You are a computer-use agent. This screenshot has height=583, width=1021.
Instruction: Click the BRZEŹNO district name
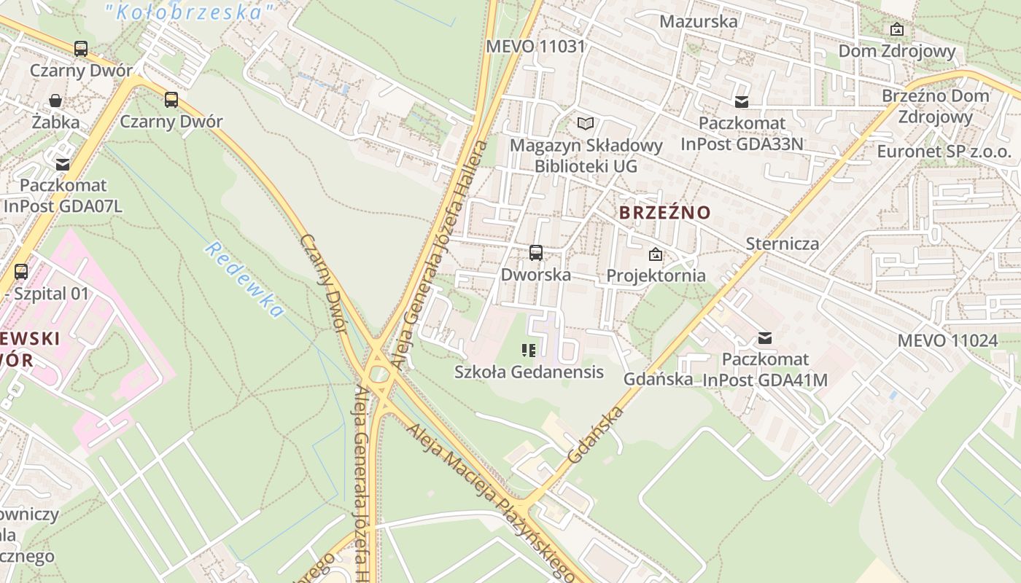pos(664,213)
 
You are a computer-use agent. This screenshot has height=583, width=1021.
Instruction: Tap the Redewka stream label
pos(244,280)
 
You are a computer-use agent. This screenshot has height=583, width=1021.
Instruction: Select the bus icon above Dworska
pos(536,253)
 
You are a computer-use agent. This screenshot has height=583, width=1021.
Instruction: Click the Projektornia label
pos(656,275)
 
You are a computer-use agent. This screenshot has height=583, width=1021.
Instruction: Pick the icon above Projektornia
pos(656,254)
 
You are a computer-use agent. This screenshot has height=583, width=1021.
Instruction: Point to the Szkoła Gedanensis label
pos(529,372)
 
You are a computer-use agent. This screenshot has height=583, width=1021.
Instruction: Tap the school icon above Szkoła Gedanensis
pos(529,351)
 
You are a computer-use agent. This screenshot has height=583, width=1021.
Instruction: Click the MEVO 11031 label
pos(536,47)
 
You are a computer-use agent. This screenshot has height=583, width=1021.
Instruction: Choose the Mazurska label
pos(699,21)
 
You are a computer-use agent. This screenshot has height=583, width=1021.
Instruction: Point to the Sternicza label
pos(783,243)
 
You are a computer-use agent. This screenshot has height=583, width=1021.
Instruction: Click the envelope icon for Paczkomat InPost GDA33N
pos(742,101)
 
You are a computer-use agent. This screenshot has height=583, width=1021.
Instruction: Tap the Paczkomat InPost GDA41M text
pos(765,369)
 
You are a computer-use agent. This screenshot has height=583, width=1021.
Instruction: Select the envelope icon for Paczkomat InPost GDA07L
pos(63,165)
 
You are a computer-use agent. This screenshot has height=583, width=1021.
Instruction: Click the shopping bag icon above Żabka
pos(55,101)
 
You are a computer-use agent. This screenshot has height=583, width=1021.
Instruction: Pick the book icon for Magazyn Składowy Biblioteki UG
pos(586,123)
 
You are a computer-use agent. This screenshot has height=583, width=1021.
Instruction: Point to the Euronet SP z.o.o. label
pos(944,152)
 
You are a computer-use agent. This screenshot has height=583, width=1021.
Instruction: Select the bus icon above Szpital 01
pos(21,272)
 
